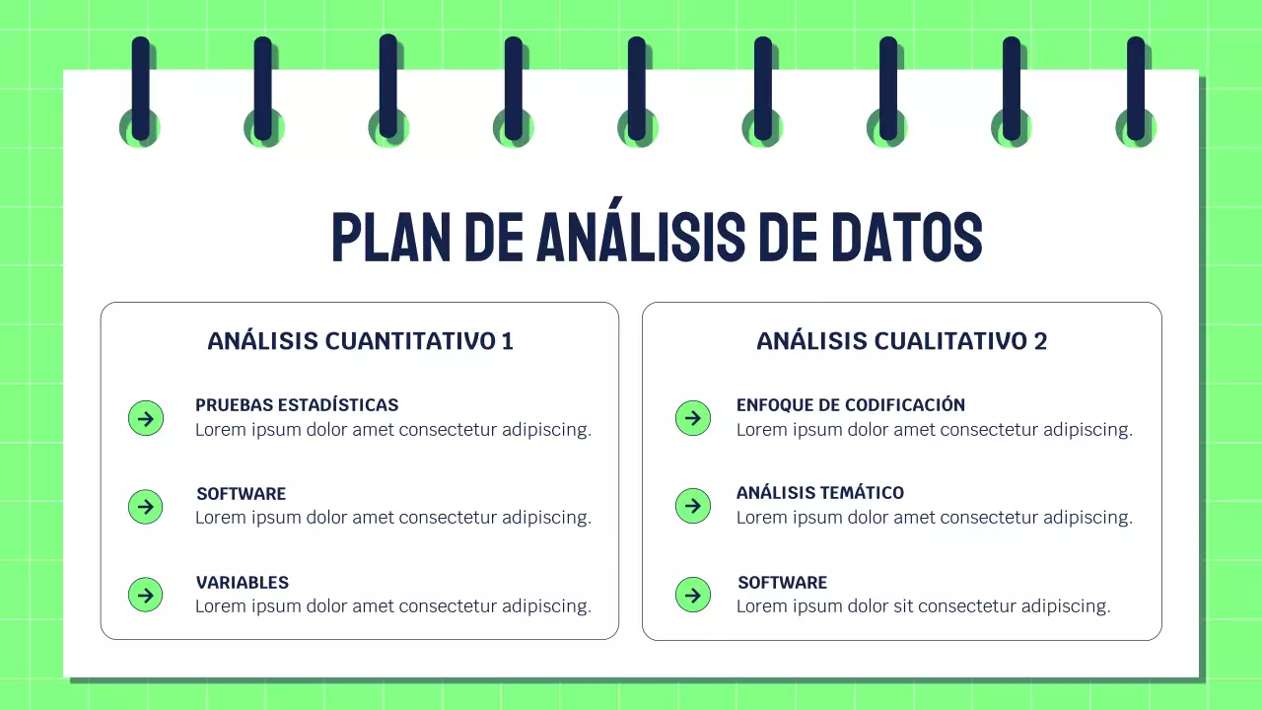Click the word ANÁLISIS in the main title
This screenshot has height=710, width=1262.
(x=640, y=238)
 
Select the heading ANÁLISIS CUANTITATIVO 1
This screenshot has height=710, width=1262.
(x=360, y=341)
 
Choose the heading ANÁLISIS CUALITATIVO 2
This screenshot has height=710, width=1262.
(x=901, y=341)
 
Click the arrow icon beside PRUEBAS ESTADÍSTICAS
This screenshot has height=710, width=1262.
(x=146, y=418)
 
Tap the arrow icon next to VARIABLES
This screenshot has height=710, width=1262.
(x=146, y=595)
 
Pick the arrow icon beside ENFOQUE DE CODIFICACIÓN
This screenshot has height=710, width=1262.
(x=693, y=418)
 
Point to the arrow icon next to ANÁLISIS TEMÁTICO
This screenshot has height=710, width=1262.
(x=693, y=506)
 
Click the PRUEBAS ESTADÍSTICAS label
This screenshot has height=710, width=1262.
(x=297, y=405)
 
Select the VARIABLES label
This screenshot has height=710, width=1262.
(x=243, y=583)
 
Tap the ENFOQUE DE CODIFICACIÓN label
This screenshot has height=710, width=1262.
(x=851, y=405)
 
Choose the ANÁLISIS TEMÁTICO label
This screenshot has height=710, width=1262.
(x=820, y=493)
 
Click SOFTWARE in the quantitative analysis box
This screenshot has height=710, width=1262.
(x=242, y=494)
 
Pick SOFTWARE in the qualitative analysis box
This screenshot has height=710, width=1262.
(x=783, y=583)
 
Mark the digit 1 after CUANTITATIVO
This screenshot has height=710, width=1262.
(x=507, y=341)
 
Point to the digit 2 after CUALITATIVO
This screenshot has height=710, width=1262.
(x=1040, y=341)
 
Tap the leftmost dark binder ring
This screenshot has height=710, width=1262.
(x=141, y=89)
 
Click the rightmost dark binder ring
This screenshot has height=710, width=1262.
(x=1136, y=89)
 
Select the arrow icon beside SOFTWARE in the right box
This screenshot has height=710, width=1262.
(x=693, y=595)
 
